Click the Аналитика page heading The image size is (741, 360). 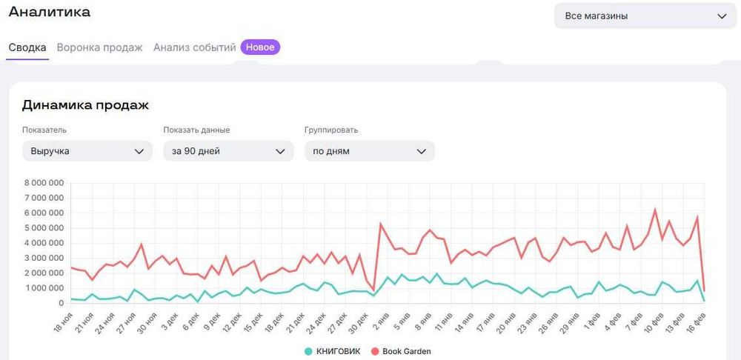click(x=49, y=12)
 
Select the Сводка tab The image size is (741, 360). click(x=27, y=47)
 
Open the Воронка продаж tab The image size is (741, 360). click(x=99, y=47)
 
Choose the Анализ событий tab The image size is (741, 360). click(x=194, y=47)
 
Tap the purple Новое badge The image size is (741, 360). click(x=260, y=47)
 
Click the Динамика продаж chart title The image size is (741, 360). click(x=85, y=105)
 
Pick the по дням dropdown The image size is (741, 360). click(x=369, y=151)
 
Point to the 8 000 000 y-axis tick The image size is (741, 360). click(x=44, y=183)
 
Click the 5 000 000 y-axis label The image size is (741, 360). click(x=44, y=228)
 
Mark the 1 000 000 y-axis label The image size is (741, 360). click(x=44, y=288)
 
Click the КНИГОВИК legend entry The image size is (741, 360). click(x=332, y=351)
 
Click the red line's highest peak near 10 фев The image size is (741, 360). click(x=655, y=210)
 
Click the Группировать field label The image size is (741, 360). click(x=331, y=130)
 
